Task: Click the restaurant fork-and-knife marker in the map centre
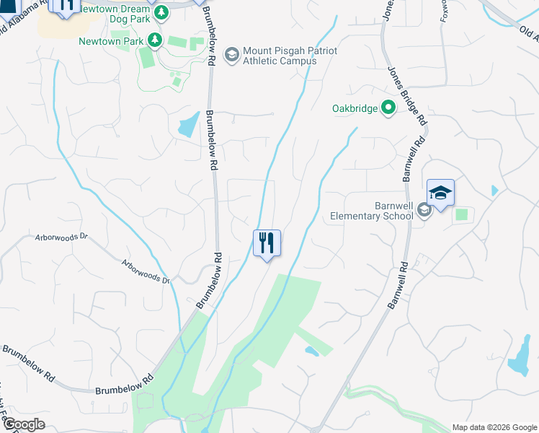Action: pos(267,243)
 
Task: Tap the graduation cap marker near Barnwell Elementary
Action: pos(440,193)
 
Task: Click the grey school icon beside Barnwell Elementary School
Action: pos(424,209)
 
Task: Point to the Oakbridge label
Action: pos(355,109)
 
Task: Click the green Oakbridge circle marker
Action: pos(388,108)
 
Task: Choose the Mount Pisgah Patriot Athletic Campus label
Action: pos(280,56)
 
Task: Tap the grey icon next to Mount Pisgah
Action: pos(231,54)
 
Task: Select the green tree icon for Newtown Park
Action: pos(153,40)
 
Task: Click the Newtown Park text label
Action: pos(112,41)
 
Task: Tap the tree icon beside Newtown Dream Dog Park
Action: pos(161,12)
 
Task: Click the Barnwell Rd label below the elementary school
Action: pos(398,286)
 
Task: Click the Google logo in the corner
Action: pos(23,424)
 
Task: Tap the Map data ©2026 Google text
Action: pos(494,427)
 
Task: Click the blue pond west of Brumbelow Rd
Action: pos(188,125)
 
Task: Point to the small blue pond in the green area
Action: pos(312,351)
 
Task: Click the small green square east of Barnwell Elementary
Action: pos(461,214)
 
